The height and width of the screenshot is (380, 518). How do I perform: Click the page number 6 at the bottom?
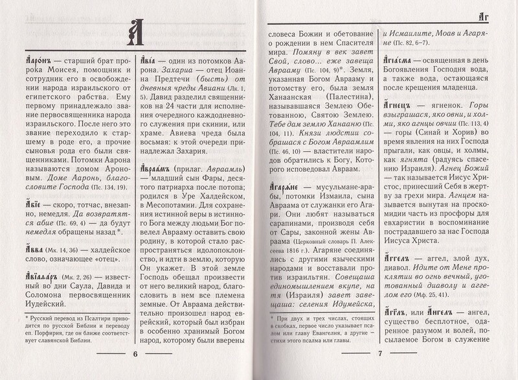click(x=135, y=354)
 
